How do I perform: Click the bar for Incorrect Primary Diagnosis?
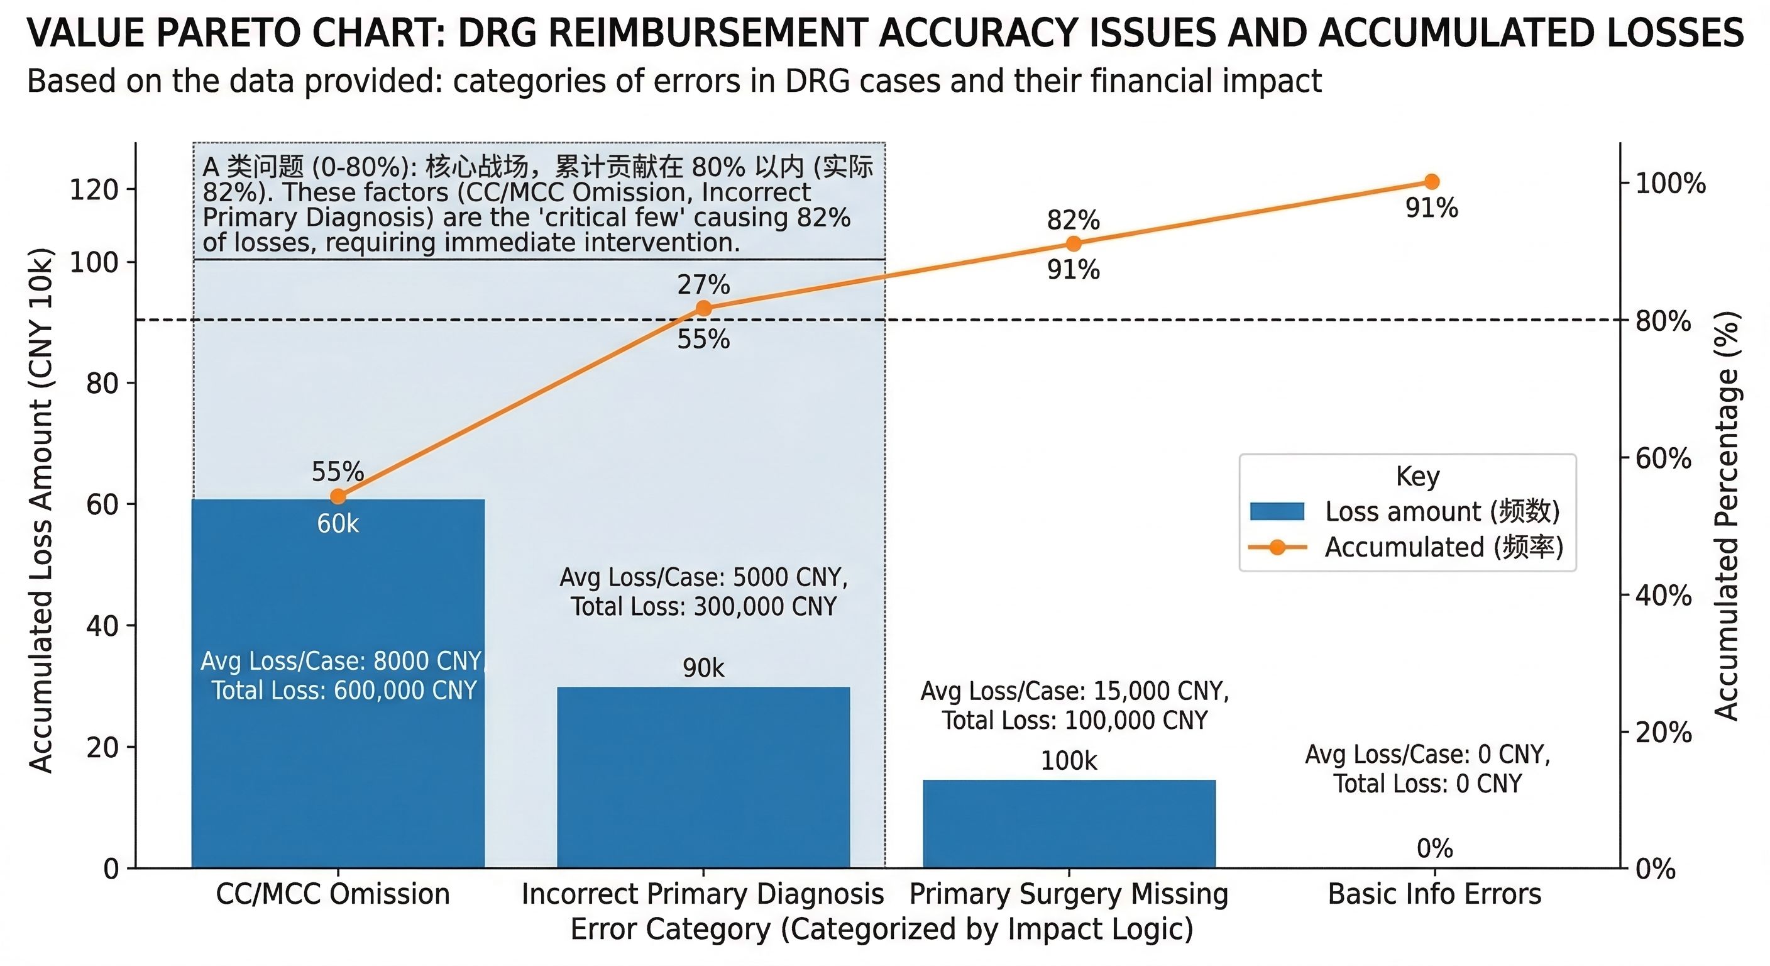point(703,777)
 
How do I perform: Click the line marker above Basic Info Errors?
point(1432,182)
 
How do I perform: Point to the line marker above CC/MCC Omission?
point(338,496)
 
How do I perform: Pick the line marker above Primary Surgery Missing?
point(1074,243)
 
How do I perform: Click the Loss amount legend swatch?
point(1277,511)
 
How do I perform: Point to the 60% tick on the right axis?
point(1663,458)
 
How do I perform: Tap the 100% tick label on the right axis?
point(1670,184)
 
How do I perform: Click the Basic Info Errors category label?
point(1435,894)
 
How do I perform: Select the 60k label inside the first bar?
point(338,524)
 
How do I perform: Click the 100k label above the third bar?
point(1069,760)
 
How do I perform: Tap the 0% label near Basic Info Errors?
point(1435,848)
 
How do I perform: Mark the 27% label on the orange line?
point(703,285)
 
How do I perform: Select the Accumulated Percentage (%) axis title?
point(1726,516)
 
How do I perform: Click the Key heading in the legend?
point(1417,476)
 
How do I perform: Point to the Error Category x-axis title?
point(882,929)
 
